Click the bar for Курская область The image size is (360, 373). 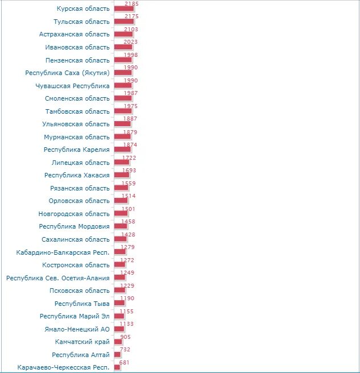[124, 9]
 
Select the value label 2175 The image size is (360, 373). [131, 16]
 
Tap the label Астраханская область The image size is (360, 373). [75, 34]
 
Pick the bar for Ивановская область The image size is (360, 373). [123, 47]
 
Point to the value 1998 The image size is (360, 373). [131, 55]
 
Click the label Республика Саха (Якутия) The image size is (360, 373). [67, 73]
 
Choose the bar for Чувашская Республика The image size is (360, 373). [123, 86]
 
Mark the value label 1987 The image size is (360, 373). [131, 93]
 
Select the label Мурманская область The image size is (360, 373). [77, 137]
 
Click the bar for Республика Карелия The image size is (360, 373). [122, 150]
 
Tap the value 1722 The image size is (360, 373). [129, 158]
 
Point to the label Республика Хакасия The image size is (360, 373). [77, 175]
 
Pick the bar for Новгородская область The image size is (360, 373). [121, 213]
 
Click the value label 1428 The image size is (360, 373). [129, 235]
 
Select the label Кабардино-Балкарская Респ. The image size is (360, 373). [63, 252]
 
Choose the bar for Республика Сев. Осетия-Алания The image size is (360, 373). [119, 277]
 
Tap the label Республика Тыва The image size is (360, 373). [82, 304]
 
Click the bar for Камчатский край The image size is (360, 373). [118, 342]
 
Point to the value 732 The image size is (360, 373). [125, 350]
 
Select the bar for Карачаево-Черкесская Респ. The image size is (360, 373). [117, 367]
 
